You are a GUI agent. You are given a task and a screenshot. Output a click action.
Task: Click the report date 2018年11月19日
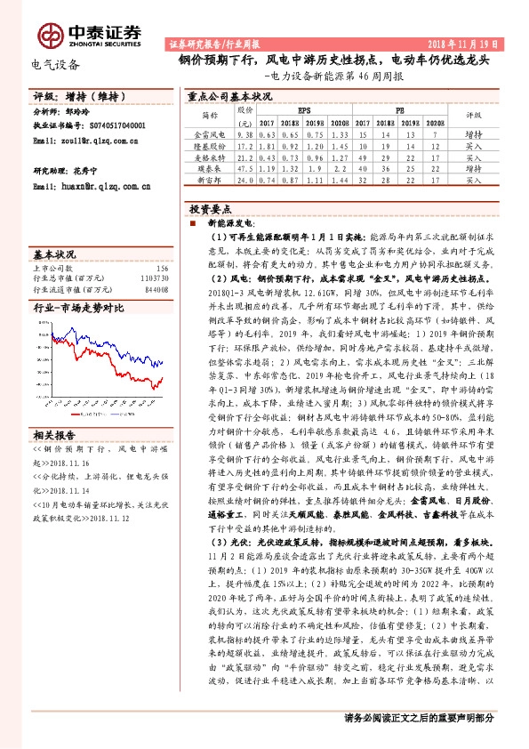click(468, 44)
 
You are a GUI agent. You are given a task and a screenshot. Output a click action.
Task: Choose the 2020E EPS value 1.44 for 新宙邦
click(338, 179)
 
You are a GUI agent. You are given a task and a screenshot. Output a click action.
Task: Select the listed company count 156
click(161, 268)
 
